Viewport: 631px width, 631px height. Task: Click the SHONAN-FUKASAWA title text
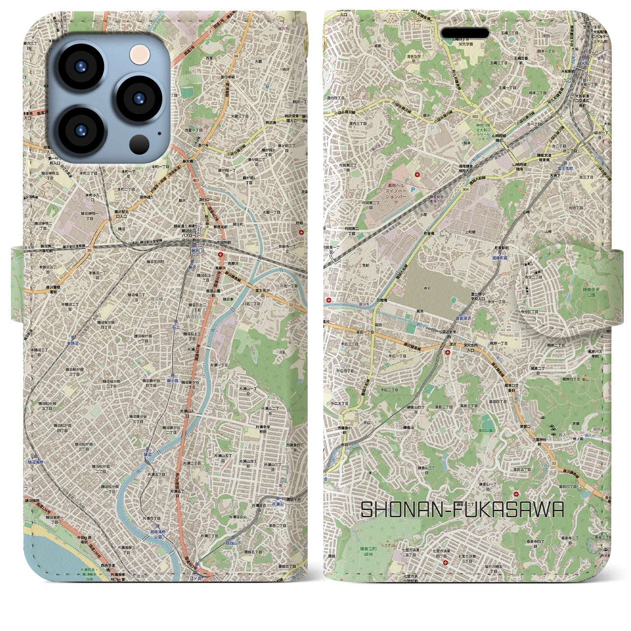[462, 510]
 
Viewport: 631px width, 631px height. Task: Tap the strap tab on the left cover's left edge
[18, 285]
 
